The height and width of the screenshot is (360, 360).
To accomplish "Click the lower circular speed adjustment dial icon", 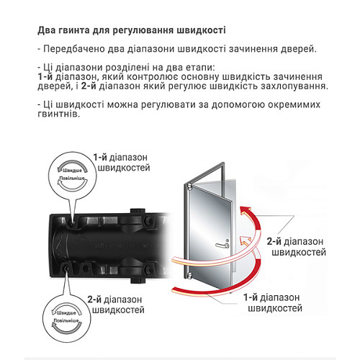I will point(64,323).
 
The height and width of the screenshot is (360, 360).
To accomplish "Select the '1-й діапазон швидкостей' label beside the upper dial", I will point(121,162).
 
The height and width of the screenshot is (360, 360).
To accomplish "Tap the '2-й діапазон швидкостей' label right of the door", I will point(296,247).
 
